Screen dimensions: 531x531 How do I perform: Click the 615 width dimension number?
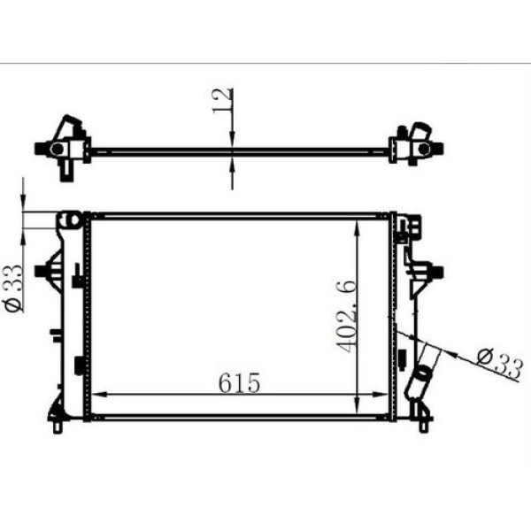point(240,383)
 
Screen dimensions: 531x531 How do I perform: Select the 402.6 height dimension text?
point(346,316)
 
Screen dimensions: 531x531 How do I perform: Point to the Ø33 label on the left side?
point(14,289)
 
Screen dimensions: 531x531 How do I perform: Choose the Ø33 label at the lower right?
point(498,361)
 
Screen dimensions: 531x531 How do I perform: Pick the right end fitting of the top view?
point(412,143)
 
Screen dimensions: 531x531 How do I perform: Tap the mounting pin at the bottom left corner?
point(58,427)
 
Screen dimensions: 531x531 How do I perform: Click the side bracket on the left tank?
point(44,269)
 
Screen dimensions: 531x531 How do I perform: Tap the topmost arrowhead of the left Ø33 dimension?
point(24,203)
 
